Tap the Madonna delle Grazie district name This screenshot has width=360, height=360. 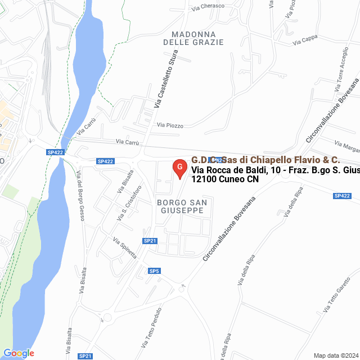[193, 38]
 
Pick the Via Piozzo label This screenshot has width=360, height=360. [170, 125]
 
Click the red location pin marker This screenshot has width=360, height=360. [179, 169]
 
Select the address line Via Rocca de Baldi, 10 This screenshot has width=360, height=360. [275, 170]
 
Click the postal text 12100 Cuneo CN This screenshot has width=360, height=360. [225, 180]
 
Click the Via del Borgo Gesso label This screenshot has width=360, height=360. [79, 196]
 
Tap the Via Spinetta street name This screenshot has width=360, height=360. [125, 247]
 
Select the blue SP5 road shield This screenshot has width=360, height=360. [155, 271]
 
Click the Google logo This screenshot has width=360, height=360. [19, 353]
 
